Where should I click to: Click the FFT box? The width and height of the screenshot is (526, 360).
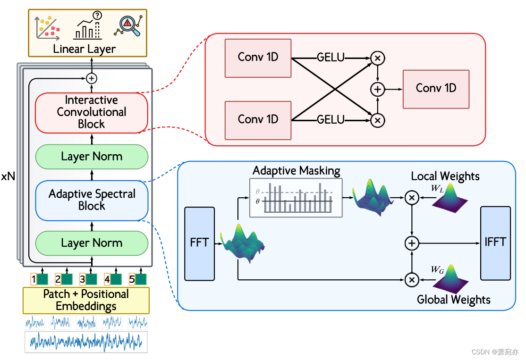pyautogui.click(x=200, y=243)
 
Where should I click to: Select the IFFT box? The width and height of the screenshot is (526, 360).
pyautogui.click(x=495, y=243)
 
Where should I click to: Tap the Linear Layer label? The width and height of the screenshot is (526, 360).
pyautogui.click(x=84, y=49)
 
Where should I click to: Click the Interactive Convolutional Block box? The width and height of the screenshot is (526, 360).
pyautogui.click(x=92, y=113)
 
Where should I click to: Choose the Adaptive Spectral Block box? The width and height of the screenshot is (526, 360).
pyautogui.click(x=92, y=201)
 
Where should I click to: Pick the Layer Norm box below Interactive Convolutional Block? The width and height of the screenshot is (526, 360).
pyautogui.click(x=92, y=157)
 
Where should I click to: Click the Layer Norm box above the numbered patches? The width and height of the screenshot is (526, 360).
pyautogui.click(x=92, y=243)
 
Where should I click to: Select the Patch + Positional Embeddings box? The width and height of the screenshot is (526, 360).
pyautogui.click(x=86, y=300)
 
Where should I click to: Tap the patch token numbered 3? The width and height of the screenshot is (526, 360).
pyautogui.click(x=88, y=279)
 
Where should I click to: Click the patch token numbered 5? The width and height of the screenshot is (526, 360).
pyautogui.click(x=137, y=279)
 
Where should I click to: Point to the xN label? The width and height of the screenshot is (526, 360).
pyautogui.click(x=8, y=176)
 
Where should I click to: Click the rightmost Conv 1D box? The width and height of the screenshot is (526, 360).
pyautogui.click(x=436, y=89)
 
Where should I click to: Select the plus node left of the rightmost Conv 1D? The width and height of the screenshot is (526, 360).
pyautogui.click(x=377, y=90)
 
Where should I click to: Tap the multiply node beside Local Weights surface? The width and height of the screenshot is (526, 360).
pyautogui.click(x=412, y=197)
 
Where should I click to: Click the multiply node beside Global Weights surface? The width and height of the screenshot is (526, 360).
pyautogui.click(x=412, y=279)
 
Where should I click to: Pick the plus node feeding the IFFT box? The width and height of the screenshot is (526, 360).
pyautogui.click(x=412, y=243)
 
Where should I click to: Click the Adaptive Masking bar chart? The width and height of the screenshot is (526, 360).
pyautogui.click(x=296, y=198)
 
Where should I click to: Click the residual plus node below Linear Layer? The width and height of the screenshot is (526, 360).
pyautogui.click(x=92, y=78)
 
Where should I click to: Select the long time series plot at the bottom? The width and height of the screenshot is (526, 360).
pyautogui.click(x=86, y=342)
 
